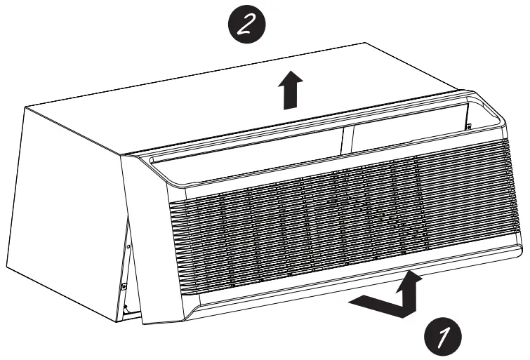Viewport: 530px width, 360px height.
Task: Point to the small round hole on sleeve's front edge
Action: [128, 246]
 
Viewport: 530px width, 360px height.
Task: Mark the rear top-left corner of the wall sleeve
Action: [26, 107]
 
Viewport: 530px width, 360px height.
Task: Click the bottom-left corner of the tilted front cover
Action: [145, 322]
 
